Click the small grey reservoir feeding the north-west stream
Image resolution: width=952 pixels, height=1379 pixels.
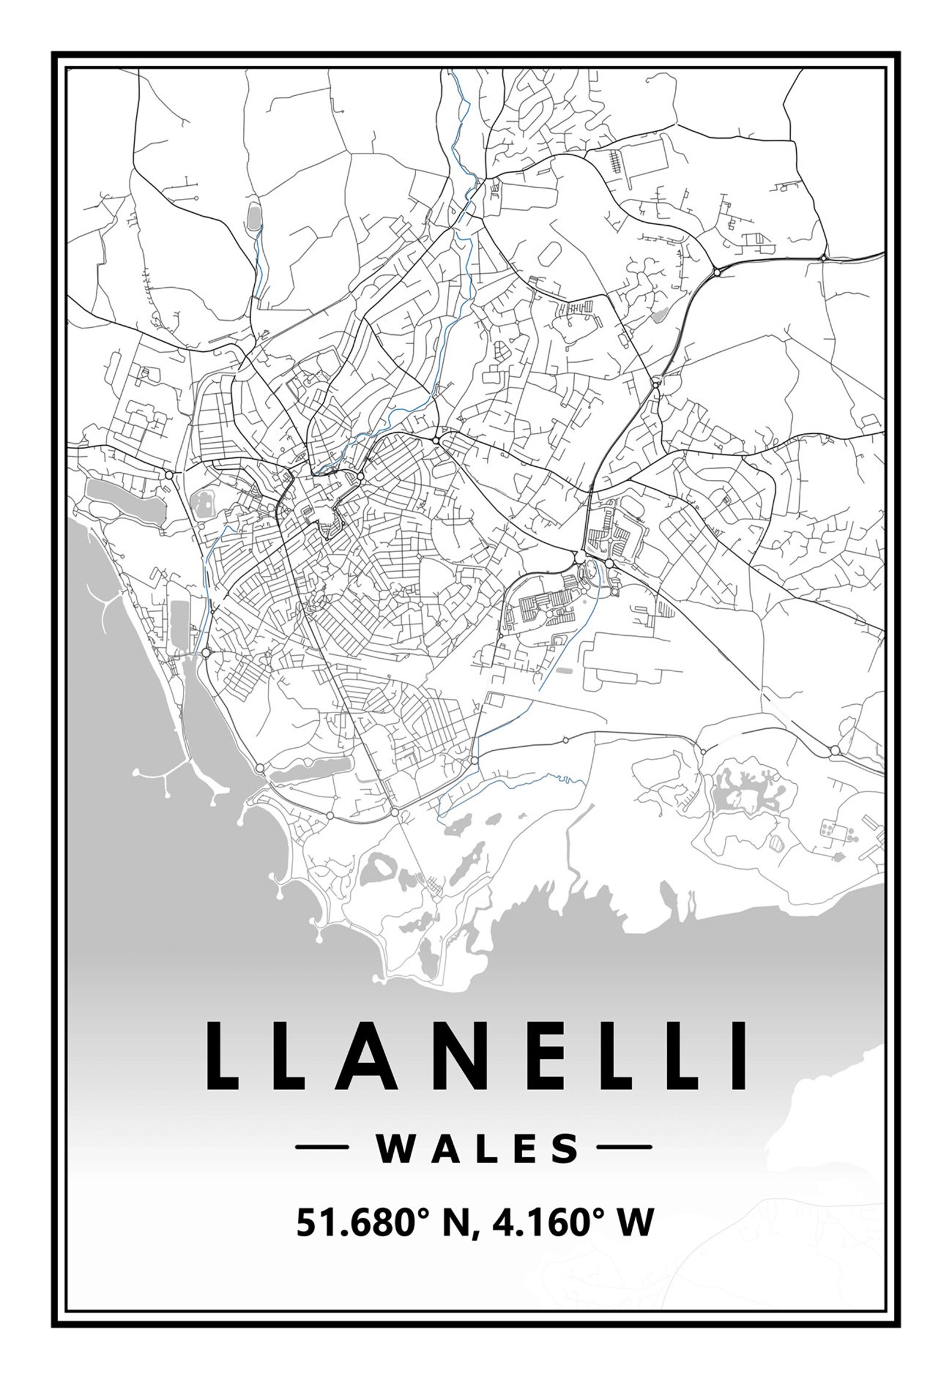(254, 216)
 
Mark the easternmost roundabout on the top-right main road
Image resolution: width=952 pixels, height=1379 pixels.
(824, 258)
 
